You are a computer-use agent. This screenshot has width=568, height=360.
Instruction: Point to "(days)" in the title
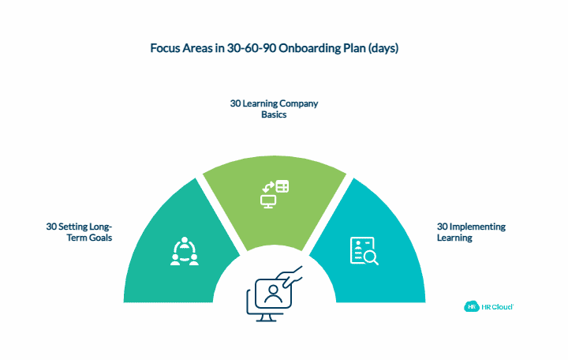click(384, 48)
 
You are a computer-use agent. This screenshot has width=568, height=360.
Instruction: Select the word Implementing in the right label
click(477, 227)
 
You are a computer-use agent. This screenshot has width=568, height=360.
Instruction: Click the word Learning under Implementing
click(454, 237)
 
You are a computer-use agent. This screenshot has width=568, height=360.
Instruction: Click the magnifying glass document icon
click(364, 250)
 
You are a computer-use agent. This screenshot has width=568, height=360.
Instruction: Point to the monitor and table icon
click(275, 193)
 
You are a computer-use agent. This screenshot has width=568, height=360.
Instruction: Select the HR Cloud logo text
click(497, 306)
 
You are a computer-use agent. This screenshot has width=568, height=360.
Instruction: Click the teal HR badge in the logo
click(472, 306)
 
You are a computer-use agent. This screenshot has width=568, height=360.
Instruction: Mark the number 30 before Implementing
click(442, 227)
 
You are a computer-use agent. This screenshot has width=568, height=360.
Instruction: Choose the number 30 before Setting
click(52, 227)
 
